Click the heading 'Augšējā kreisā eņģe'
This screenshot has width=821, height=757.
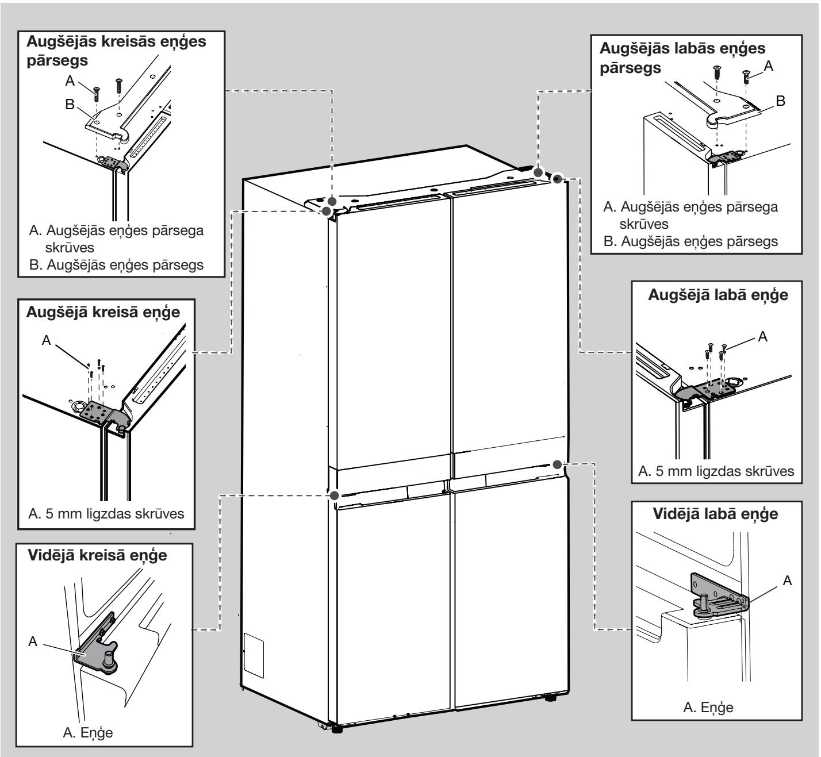(x=103, y=313)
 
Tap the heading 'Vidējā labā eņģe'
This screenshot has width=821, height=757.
(x=716, y=514)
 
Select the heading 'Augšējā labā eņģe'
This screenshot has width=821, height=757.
(x=718, y=295)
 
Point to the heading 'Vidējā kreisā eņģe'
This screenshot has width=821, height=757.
(x=98, y=556)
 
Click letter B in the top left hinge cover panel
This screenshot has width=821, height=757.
(x=70, y=105)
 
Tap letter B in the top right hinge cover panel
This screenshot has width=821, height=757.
(x=781, y=101)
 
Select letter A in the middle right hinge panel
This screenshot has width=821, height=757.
(x=787, y=581)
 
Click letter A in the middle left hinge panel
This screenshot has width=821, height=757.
(x=33, y=641)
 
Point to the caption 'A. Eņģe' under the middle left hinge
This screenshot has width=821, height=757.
(x=87, y=733)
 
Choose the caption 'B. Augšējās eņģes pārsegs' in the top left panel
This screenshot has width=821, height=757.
(x=117, y=265)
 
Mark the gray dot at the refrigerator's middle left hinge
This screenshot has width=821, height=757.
(x=334, y=495)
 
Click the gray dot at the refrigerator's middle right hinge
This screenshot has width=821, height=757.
(x=557, y=464)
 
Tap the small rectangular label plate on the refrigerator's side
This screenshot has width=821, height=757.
(x=254, y=655)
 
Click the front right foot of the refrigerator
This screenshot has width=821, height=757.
(x=550, y=699)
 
